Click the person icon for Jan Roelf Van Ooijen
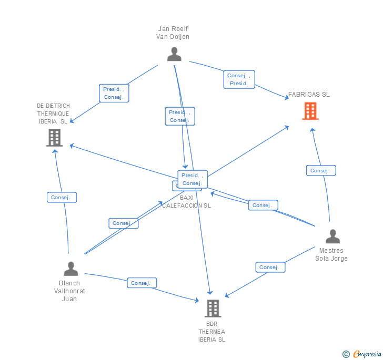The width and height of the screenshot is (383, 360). tap(174, 54)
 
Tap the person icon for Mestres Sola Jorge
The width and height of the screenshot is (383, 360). tap(332, 236)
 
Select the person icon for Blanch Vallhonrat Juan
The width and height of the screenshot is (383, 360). tap(70, 269)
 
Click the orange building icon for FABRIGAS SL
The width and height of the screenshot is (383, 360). tap(310, 111)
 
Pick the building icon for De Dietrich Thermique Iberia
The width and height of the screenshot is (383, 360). tap(54, 138)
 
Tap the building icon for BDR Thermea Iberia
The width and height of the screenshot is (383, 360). tap(213, 308)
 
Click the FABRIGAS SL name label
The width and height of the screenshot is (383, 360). tap(309, 95)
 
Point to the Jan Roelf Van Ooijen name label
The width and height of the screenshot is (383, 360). tap(173, 33)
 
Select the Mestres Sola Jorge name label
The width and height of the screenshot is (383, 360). tap(331, 254)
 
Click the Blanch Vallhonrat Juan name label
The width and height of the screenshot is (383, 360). tap(69, 291)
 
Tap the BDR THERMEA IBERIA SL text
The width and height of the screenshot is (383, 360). tap(211, 332)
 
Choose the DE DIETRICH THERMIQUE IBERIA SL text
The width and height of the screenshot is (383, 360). tap(53, 114)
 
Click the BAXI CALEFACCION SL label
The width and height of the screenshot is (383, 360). tap(186, 202)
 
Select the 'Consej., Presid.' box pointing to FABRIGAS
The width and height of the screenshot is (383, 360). tap(239, 79)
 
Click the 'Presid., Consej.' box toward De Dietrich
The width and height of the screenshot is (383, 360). tap(114, 93)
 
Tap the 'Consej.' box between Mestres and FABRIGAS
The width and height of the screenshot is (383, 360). tap(321, 170)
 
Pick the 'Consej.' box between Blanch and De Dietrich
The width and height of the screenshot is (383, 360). tap(62, 197)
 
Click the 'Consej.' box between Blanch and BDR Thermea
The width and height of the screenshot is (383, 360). tap(142, 283)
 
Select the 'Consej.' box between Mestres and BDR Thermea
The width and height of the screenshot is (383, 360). tap(270, 267)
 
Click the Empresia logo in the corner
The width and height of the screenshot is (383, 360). tap(362, 354)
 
